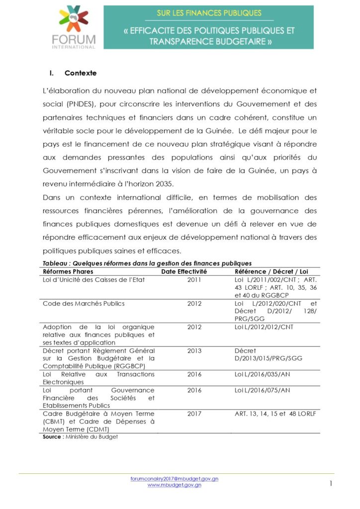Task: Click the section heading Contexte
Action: pyautogui.click(x=81, y=73)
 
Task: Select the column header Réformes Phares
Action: pyautogui.click(x=68, y=271)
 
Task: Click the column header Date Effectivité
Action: pyautogui.click(x=184, y=271)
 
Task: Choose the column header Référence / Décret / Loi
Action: pyautogui.click(x=271, y=271)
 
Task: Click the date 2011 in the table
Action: pyautogui.click(x=194, y=280)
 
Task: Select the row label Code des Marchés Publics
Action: pyautogui.click(x=84, y=303)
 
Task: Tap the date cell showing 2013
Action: pyautogui.click(x=194, y=350)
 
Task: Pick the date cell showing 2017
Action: pyautogui.click(x=194, y=414)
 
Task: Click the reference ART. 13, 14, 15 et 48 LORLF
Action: pyautogui.click(x=275, y=414)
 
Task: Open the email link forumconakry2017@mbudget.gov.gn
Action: pyautogui.click(x=174, y=478)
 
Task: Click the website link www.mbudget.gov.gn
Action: pyautogui.click(x=174, y=485)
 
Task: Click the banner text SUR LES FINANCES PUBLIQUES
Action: pyautogui.click(x=209, y=13)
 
